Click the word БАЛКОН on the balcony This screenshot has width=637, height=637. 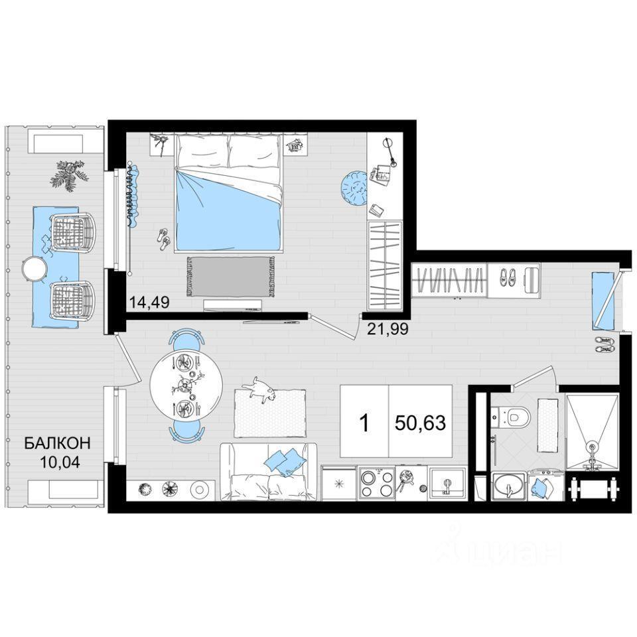pos(57,443)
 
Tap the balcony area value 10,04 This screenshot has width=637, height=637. pos(60,462)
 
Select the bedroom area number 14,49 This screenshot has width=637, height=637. pos(149,303)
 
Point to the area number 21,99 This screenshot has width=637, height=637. pos(388,328)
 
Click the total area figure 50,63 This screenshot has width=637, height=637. pos(421,423)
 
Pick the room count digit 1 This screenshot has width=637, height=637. pos(365,423)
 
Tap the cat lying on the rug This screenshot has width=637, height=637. pos(260,389)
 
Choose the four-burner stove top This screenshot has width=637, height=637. pos(376,483)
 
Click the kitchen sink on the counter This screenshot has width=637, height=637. pos(447,484)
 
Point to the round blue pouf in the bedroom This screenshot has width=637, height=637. pos(354,188)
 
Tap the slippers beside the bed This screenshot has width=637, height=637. pos(164,239)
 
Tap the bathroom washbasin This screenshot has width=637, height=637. pos(509,486)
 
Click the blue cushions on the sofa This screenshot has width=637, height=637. pos(285,462)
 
